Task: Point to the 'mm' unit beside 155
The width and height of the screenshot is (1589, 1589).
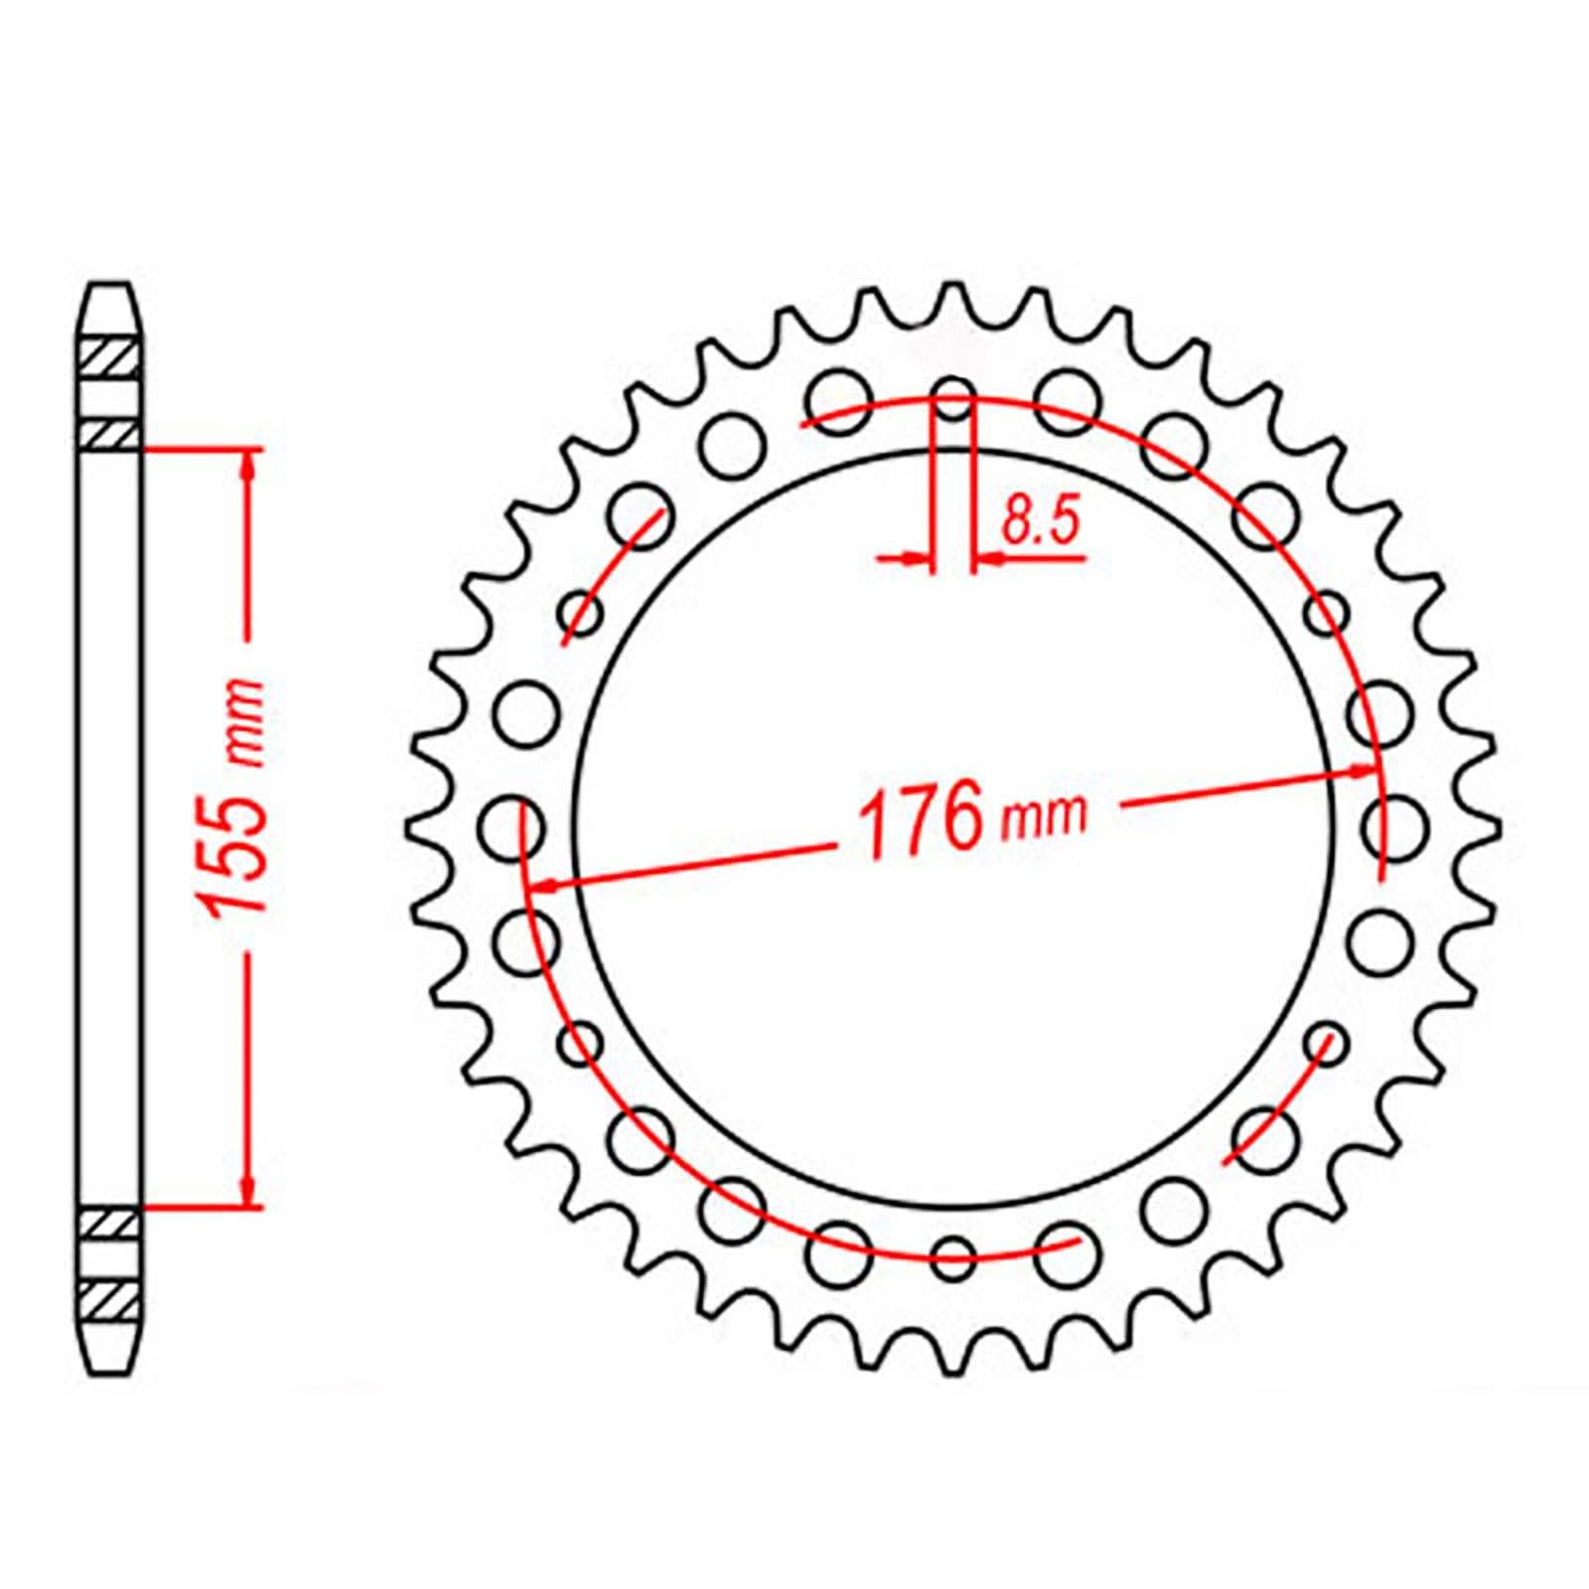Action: click(242, 725)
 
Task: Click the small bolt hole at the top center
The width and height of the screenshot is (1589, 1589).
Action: click(953, 396)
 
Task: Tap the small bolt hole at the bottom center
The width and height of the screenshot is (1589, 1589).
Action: click(953, 1254)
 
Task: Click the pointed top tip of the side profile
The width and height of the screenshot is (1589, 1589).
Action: click(109, 289)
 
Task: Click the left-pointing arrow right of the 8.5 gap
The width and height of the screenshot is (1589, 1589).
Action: click(989, 560)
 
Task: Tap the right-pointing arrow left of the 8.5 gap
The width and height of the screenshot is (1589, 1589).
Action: click(918, 560)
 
